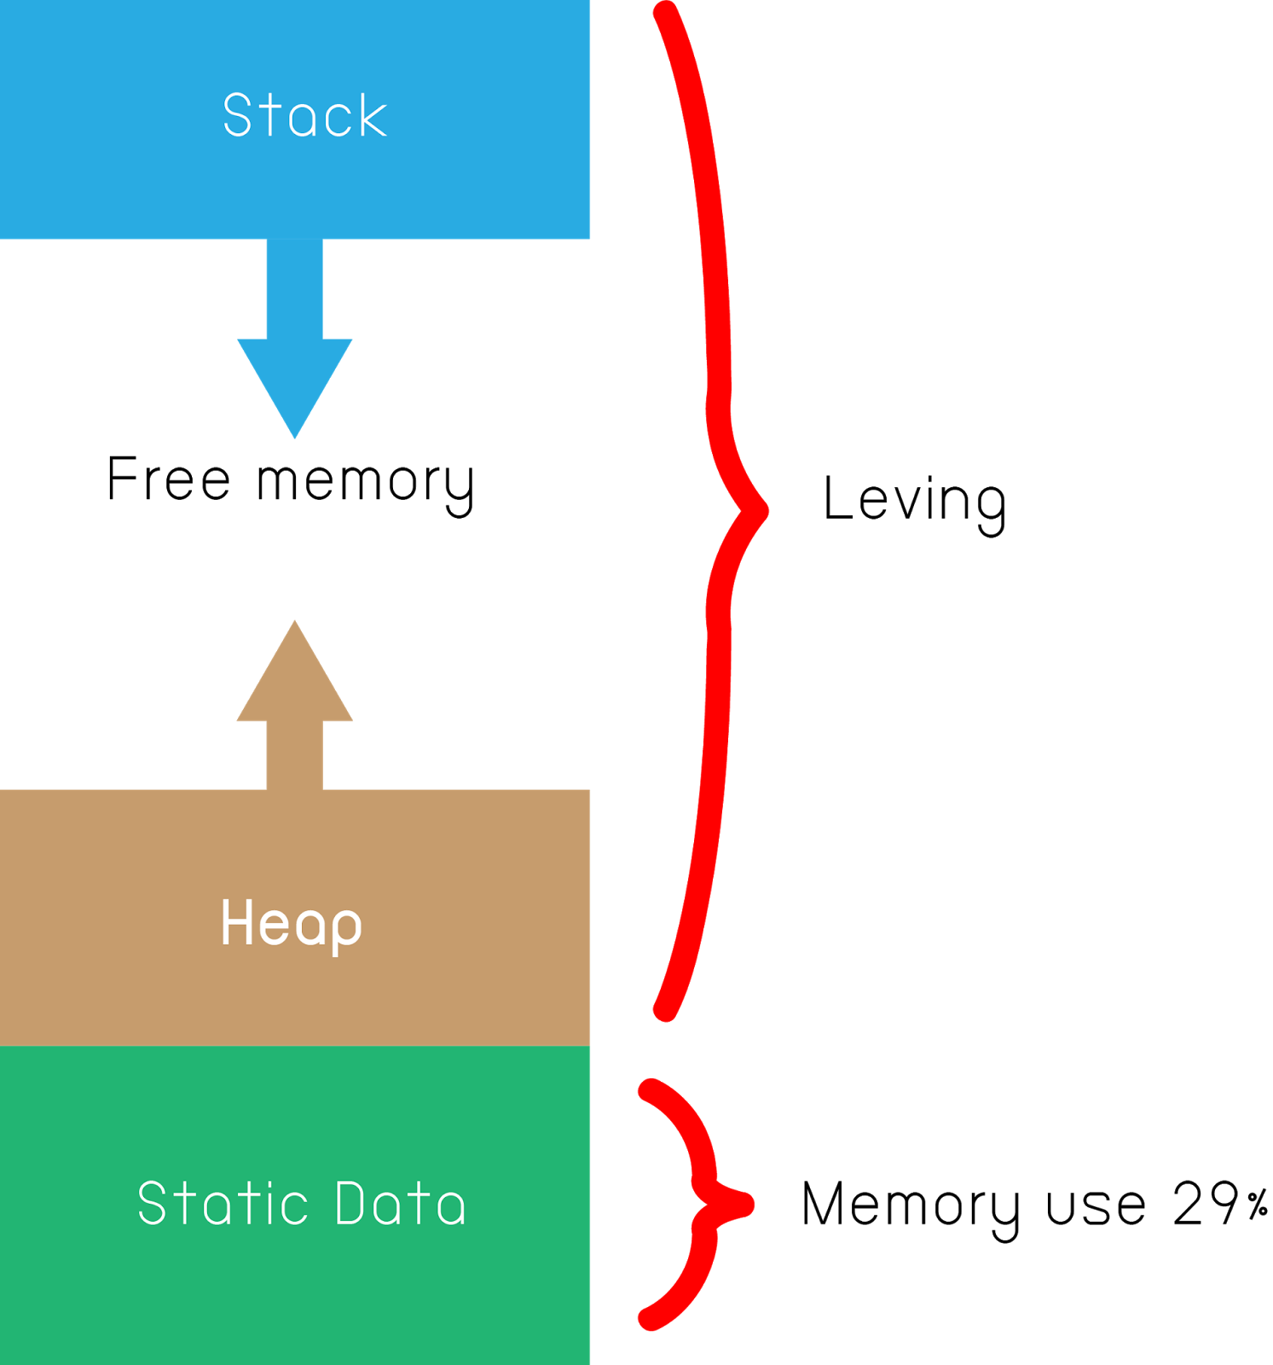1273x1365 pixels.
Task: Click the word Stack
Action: coord(304,115)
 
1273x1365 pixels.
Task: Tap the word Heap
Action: coord(291,923)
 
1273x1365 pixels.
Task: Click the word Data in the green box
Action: coord(400,1204)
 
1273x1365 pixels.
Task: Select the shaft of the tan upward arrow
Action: coord(295,755)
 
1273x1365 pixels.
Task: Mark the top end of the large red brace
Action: coord(666,12)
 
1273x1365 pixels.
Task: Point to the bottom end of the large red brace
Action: coord(664,1011)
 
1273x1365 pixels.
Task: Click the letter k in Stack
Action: coord(373,115)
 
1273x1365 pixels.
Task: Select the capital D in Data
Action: coord(352,1204)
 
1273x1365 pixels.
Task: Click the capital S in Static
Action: coord(152,1204)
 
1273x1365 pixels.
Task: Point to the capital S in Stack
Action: coord(238,115)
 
